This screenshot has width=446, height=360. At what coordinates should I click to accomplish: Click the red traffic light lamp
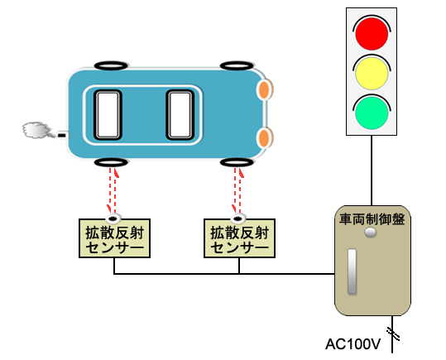(372, 34)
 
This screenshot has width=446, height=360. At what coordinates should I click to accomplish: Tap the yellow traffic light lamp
(372, 73)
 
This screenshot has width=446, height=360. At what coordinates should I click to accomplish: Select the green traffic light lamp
(372, 112)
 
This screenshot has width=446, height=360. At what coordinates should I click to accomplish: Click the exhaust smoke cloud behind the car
(37, 130)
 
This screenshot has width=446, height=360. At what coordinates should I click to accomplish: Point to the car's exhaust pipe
(63, 135)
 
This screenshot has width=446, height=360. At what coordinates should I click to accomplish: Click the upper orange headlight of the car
(265, 89)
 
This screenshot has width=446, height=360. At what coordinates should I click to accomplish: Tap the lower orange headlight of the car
(265, 137)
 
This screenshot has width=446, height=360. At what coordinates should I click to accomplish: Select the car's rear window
(108, 115)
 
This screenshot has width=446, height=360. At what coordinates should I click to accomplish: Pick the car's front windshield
(180, 115)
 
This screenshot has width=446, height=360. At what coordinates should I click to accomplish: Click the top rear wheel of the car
(111, 65)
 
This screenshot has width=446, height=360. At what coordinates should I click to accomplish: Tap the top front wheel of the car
(237, 65)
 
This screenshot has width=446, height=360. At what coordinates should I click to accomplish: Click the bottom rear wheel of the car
(111, 162)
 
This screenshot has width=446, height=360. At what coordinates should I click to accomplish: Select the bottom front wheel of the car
(237, 162)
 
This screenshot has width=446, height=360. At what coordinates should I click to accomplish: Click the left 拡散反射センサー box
(114, 238)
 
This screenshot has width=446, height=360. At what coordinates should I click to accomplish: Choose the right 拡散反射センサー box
(239, 238)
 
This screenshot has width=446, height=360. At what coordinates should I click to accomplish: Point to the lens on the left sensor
(113, 218)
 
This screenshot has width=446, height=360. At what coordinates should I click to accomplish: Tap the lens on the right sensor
(238, 218)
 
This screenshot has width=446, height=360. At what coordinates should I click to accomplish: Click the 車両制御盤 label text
(372, 219)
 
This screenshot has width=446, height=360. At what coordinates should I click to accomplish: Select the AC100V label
(353, 344)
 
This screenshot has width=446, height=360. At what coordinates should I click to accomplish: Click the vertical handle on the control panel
(352, 271)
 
